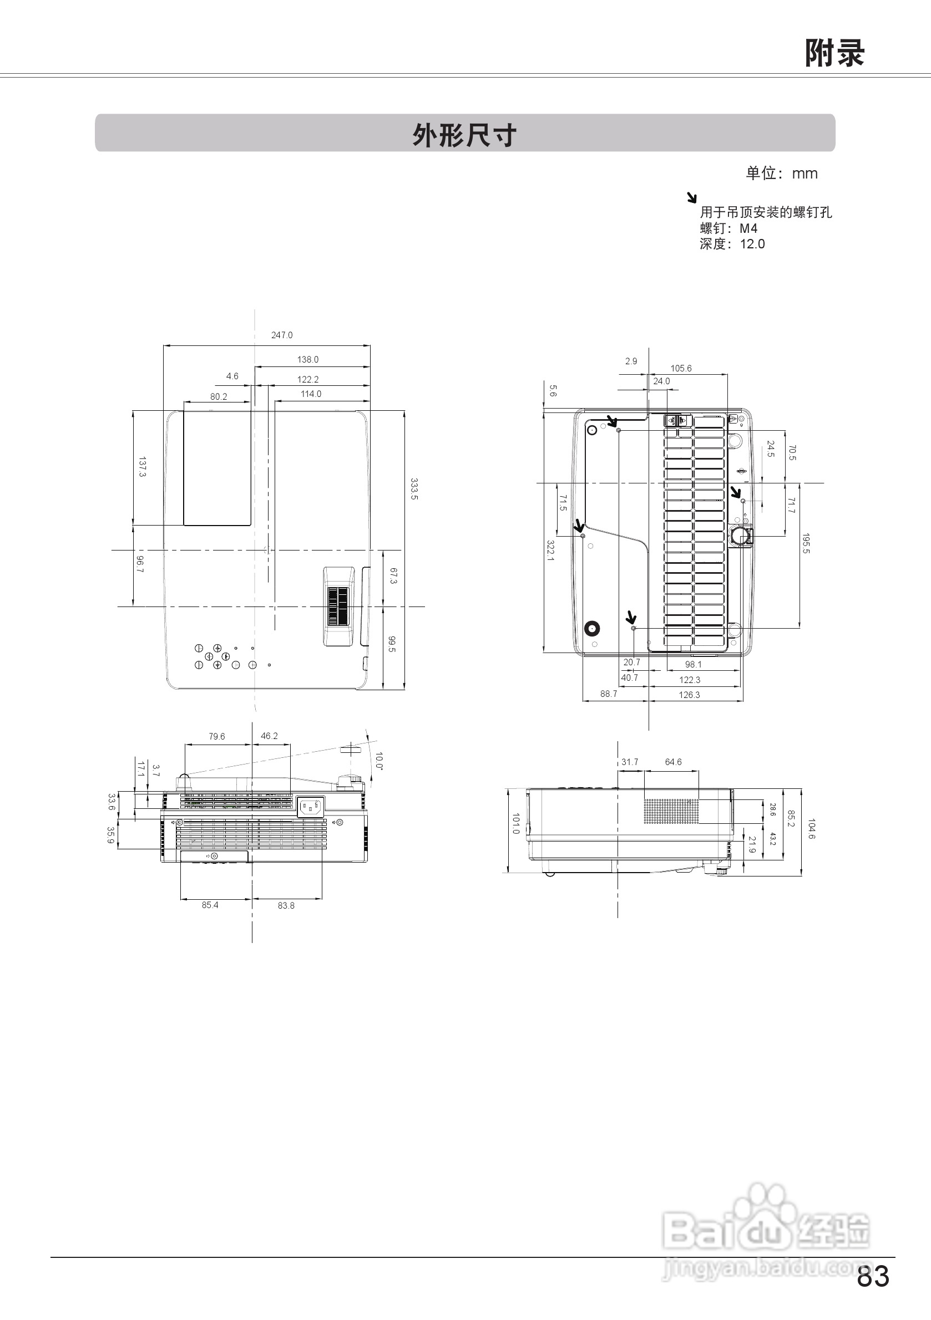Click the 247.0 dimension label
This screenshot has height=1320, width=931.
(x=282, y=335)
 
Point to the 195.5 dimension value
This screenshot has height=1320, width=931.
(x=806, y=543)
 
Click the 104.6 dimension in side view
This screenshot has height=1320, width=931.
(x=811, y=829)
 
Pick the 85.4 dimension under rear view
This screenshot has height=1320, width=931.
(x=210, y=905)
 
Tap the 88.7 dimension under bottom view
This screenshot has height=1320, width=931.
(x=608, y=694)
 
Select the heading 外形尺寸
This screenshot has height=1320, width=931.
(x=464, y=135)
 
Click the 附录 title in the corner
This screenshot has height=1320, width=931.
(x=834, y=53)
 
